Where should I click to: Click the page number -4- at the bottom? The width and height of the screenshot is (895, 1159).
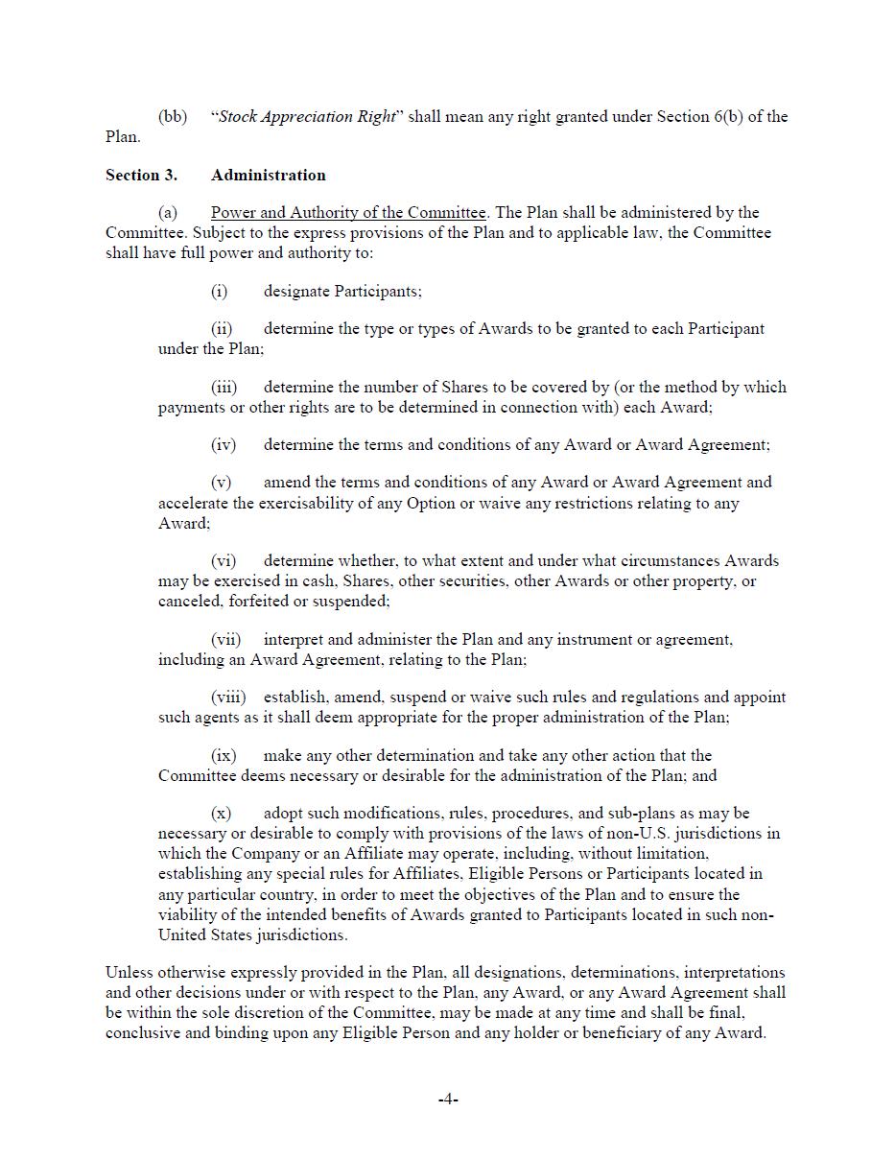[x=448, y=1100]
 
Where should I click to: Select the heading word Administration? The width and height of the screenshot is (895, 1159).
[x=268, y=175]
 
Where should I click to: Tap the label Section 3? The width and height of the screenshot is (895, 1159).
[x=141, y=175]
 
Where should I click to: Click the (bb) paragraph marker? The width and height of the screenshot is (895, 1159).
[x=173, y=117]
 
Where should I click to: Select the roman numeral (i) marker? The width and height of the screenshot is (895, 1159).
[x=220, y=291]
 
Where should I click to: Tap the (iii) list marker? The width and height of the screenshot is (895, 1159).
[x=224, y=387]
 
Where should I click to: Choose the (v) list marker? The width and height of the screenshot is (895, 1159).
[x=221, y=482]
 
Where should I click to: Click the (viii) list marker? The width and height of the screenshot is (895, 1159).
[x=228, y=697]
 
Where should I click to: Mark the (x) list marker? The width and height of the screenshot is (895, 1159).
[x=221, y=813]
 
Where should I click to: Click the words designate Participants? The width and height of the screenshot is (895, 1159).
[x=342, y=291]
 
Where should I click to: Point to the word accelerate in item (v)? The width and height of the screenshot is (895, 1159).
[x=193, y=503]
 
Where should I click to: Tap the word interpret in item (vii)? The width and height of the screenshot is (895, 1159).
[x=294, y=639]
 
